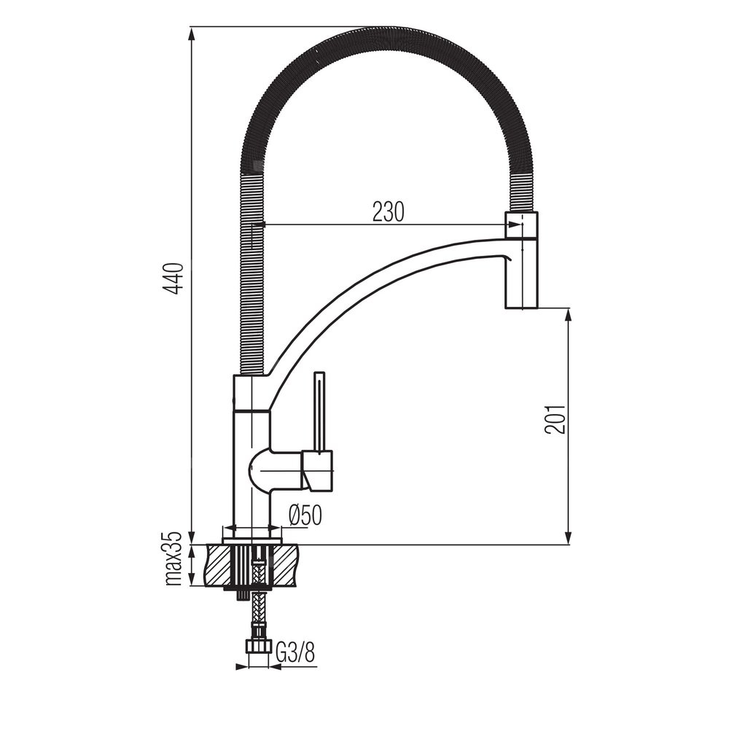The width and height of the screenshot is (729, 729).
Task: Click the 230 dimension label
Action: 389,212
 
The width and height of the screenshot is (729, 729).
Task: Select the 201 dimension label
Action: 555,419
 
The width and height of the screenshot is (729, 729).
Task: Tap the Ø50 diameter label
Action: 305,515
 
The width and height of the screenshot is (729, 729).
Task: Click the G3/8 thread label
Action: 296,653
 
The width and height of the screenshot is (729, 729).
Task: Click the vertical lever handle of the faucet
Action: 320,411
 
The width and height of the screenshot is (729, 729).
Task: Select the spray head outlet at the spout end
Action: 521,260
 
